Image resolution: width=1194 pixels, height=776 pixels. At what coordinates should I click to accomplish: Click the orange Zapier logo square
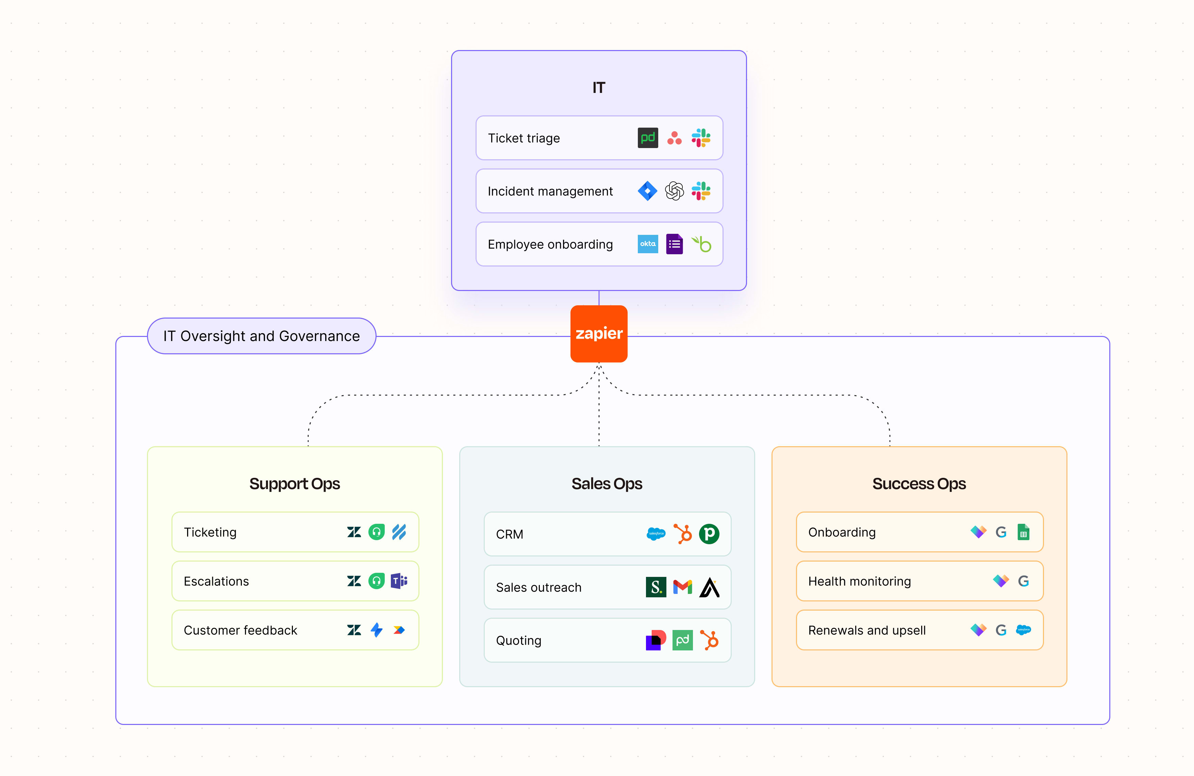598,333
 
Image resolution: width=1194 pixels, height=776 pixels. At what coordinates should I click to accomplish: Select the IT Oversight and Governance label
261,336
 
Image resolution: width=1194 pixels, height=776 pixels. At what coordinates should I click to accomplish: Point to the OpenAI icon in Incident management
674,191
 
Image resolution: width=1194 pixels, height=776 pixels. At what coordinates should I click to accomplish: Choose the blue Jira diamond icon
647,191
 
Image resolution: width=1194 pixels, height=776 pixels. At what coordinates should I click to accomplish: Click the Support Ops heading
295,483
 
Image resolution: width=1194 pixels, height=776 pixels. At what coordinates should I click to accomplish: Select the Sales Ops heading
607,483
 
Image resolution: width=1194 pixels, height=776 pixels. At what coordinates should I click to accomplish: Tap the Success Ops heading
918,483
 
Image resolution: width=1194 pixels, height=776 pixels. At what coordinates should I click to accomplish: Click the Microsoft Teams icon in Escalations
399,581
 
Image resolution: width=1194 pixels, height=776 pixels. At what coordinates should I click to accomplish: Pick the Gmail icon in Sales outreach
682,587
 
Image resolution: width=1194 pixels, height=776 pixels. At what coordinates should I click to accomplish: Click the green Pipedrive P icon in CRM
709,534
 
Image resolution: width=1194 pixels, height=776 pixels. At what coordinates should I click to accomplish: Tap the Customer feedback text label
240,630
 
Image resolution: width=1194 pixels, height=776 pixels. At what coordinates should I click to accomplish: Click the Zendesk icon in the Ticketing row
354,532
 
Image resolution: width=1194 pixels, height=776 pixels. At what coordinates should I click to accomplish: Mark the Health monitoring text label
859,581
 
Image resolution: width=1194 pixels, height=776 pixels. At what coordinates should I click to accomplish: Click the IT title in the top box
598,88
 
